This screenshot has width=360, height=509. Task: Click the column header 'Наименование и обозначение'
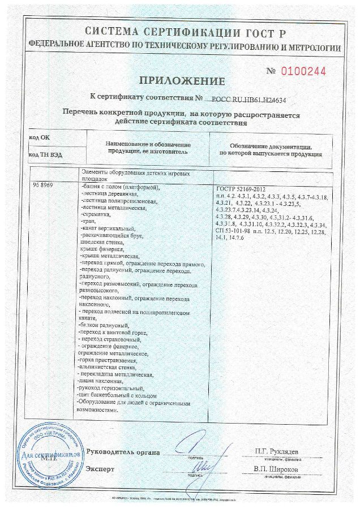pyautogui.click(x=145, y=145)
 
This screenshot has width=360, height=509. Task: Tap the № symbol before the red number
pyautogui.click(x=271, y=72)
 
